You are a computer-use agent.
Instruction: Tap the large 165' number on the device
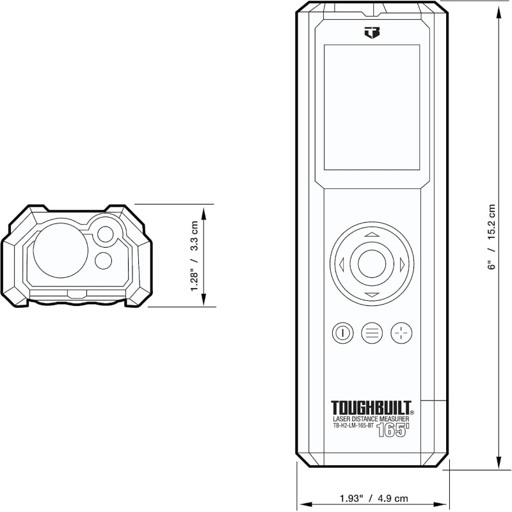[x=392, y=430]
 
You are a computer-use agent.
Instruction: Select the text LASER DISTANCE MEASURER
[x=371, y=419]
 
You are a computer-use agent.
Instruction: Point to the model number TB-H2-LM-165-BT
[x=353, y=426]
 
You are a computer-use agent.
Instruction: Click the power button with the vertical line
[x=342, y=333]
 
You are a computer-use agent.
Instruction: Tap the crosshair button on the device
[x=401, y=333]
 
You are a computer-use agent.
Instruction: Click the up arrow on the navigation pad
[x=372, y=234]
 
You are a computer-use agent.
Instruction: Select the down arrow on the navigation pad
[x=372, y=295]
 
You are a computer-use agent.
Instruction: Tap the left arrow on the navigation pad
[x=342, y=264]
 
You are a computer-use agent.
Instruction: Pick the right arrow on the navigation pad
[x=402, y=264]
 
